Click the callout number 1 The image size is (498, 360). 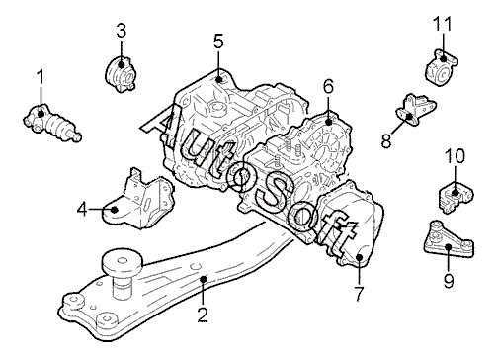[x=41, y=76]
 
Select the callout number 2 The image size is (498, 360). [x=203, y=315]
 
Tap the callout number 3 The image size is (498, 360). [x=122, y=31]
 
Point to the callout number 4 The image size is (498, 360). [x=82, y=209]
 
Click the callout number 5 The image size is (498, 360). [x=218, y=42]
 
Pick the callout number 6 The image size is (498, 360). [x=328, y=86]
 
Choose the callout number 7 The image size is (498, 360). [x=359, y=294]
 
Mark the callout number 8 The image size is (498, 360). [x=386, y=140]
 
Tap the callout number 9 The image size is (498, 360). [x=449, y=281]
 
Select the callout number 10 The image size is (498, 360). [x=455, y=156]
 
